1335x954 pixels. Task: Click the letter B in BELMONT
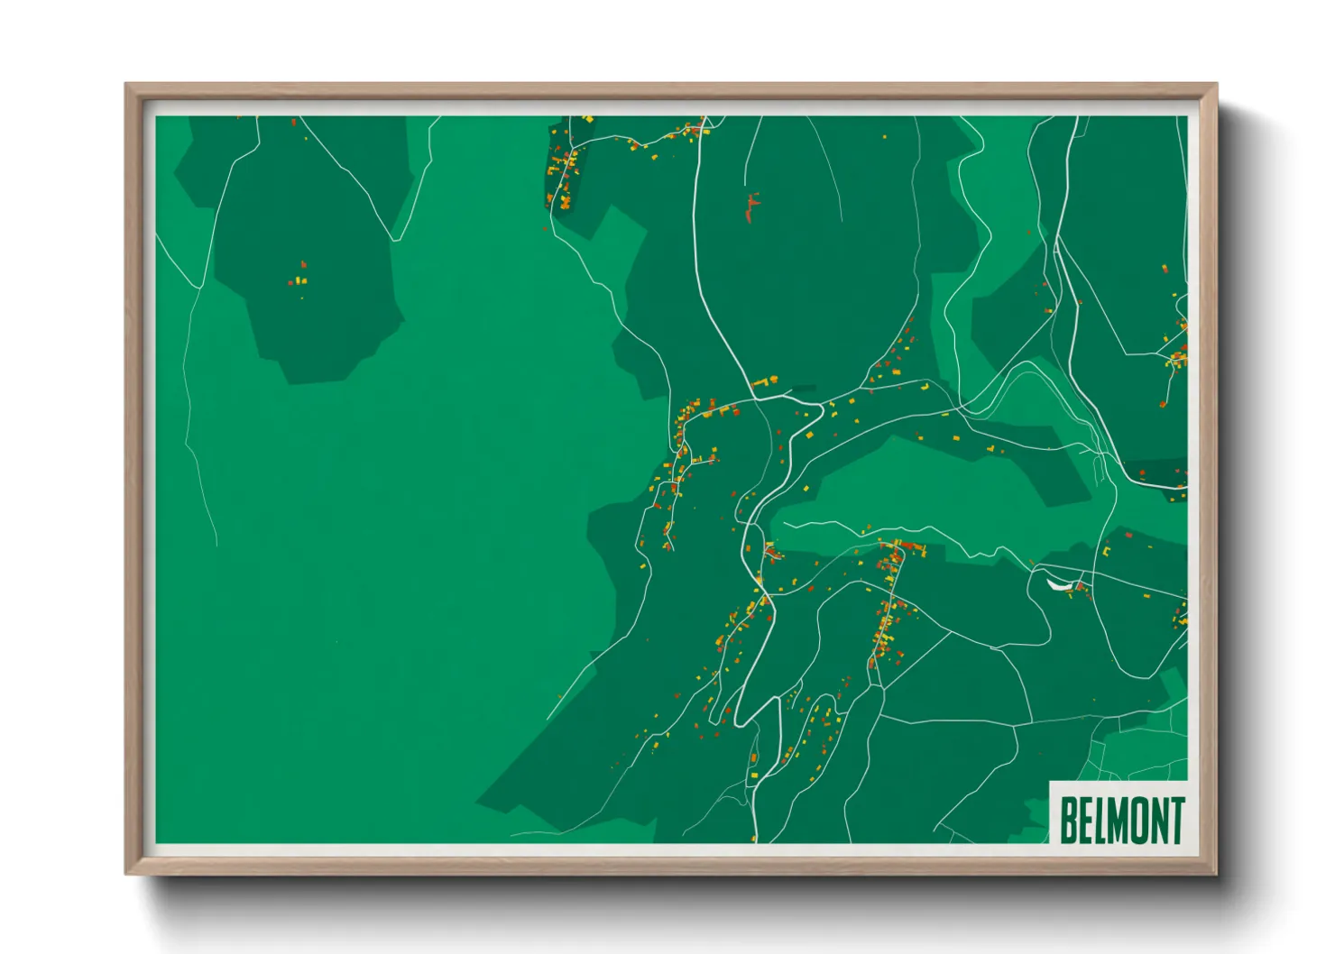pyautogui.click(x=1068, y=820)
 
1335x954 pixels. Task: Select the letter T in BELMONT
pyautogui.click(x=1176, y=820)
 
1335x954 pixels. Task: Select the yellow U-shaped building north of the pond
pyautogui.click(x=1106, y=550)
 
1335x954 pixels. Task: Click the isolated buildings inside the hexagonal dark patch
pyautogui.click(x=299, y=275)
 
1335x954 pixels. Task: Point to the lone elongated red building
pyautogui.click(x=750, y=208)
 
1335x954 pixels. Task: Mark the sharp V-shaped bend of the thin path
pyautogui.click(x=393, y=238)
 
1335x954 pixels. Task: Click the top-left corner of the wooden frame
pyautogui.click(x=128, y=87)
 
